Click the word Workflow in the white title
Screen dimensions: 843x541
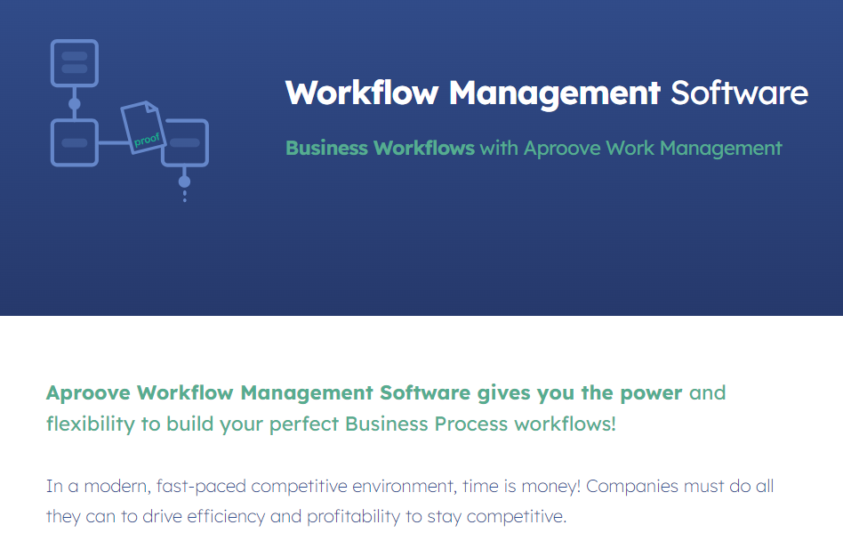point(362,93)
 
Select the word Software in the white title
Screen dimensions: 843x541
point(739,93)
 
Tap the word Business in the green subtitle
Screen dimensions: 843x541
point(326,148)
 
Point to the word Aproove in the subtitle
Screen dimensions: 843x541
point(562,149)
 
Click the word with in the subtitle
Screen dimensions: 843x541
point(499,148)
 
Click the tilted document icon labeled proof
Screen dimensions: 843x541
point(143,127)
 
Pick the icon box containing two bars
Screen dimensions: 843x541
point(74,63)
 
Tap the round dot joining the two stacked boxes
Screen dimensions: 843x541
point(74,104)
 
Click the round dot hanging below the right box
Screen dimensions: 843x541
point(184,182)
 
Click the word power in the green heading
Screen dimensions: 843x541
point(651,393)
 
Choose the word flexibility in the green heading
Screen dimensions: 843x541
point(91,424)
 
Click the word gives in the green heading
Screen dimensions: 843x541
point(504,393)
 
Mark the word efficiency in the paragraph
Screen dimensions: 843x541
point(227,516)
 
